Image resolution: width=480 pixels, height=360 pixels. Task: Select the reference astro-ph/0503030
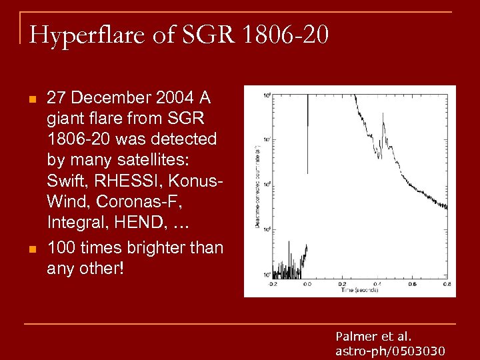pyautogui.click(x=390, y=351)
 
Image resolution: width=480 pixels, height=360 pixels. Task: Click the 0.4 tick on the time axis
pyautogui.click(x=377, y=283)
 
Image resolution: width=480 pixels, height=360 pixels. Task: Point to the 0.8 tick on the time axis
pyautogui.click(x=447, y=283)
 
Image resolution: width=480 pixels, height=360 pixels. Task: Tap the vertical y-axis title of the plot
pyautogui.click(x=257, y=187)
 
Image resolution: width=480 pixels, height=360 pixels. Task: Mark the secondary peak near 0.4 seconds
pyautogui.click(x=383, y=117)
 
